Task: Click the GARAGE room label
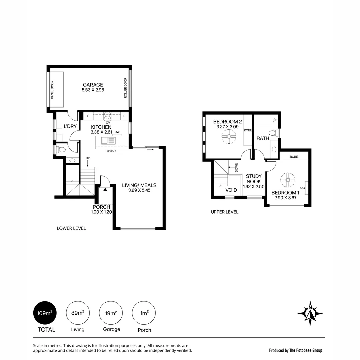point(93,85)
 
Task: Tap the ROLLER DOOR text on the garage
point(126,88)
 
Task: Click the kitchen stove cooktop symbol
point(108,116)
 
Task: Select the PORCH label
point(101,207)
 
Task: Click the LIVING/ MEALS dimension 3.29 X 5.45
point(139,191)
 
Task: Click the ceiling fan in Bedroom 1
point(287,180)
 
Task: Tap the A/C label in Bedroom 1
point(302,188)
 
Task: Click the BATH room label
point(263,138)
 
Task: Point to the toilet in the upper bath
point(273,133)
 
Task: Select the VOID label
point(231,190)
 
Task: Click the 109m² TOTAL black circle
point(45,313)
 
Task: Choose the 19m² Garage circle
point(111,313)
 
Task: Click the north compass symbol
point(310,313)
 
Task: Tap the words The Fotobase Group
point(306,350)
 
